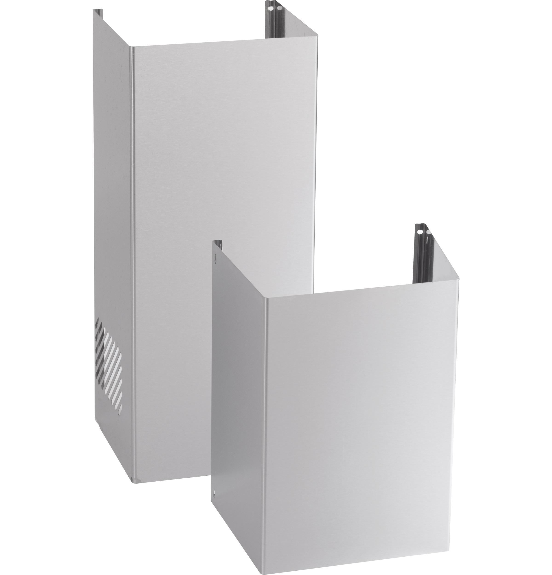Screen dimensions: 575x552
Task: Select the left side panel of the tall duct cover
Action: tap(113, 205)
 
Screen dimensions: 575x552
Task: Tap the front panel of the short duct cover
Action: tap(361, 411)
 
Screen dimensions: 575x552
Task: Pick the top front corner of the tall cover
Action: tap(132, 47)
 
